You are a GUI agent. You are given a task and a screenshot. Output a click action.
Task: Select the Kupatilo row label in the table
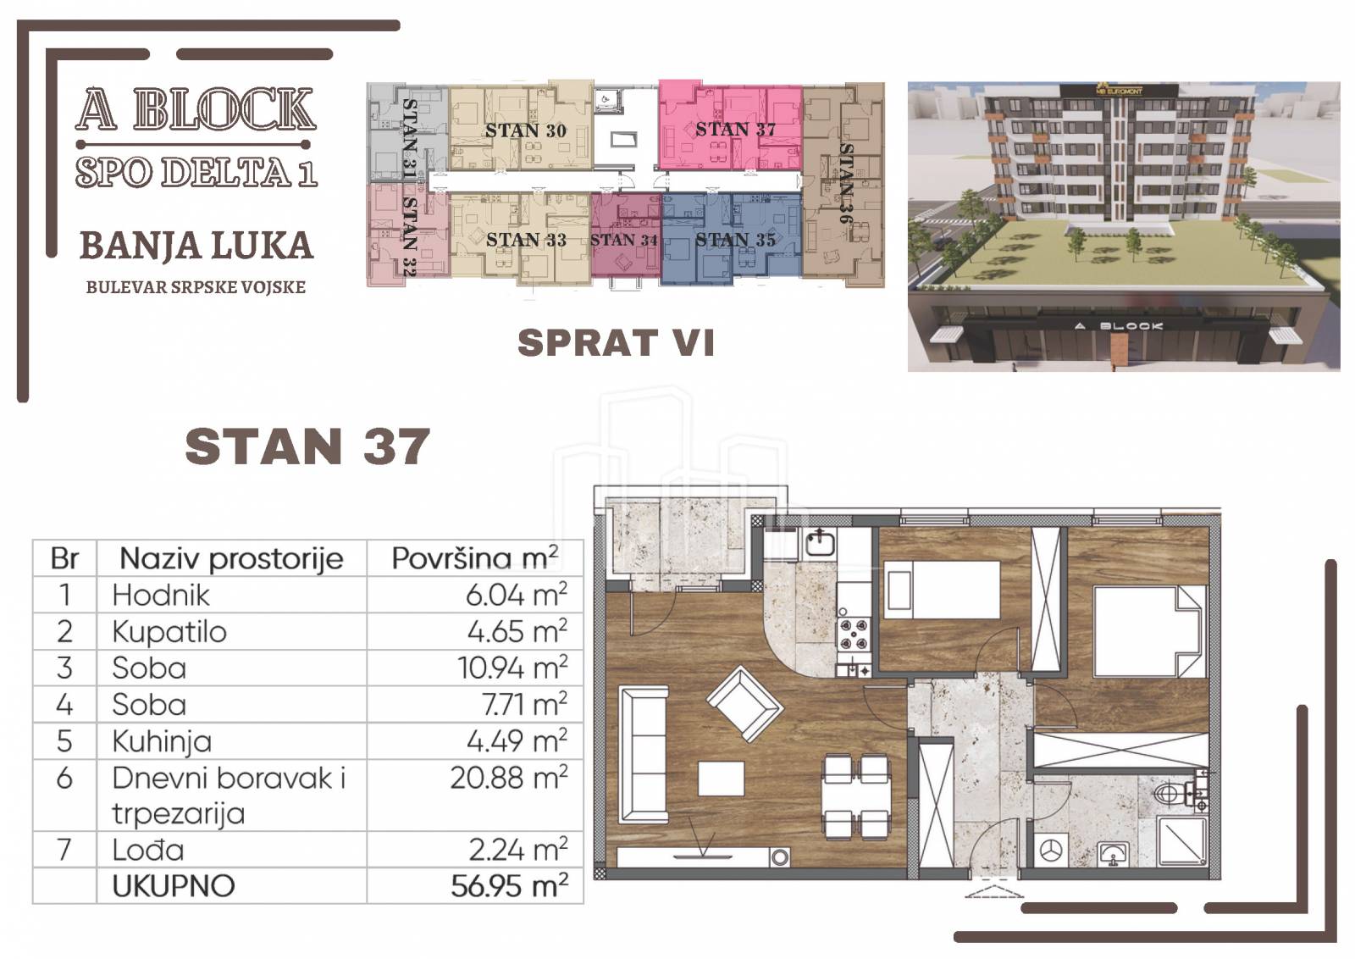[169, 632]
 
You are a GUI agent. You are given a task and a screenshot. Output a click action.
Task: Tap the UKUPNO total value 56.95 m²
[509, 886]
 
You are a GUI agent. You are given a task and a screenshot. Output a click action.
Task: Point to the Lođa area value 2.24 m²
[517, 850]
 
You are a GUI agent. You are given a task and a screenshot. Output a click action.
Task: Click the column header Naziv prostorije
[231, 557]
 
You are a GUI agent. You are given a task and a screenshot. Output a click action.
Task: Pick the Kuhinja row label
[162, 742]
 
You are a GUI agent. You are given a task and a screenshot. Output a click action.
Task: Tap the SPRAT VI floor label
[616, 342]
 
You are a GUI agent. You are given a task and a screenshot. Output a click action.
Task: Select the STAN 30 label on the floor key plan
[526, 130]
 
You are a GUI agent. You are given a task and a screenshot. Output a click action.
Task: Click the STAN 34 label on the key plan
[623, 241]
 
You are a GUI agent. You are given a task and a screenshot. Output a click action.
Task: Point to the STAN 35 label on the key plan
[735, 240]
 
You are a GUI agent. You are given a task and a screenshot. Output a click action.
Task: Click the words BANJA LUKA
[196, 246]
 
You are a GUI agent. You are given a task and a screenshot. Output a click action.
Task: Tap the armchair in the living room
[744, 704]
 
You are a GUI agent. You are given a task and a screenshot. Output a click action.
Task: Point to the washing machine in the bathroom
[1051, 851]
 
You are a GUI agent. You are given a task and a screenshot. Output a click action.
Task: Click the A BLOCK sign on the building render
[1119, 326]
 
